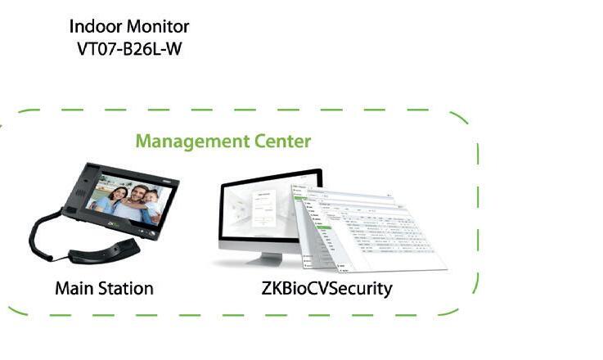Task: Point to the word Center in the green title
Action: tap(281, 142)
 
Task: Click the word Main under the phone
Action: tap(71, 289)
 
